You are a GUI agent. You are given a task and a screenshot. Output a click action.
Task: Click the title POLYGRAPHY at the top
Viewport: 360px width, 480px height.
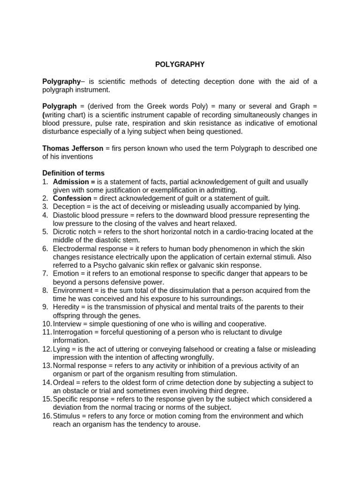(180, 65)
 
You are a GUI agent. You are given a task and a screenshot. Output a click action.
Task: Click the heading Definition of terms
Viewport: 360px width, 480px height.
(74, 173)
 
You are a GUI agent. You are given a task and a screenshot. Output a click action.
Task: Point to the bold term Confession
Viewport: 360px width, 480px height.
(72, 198)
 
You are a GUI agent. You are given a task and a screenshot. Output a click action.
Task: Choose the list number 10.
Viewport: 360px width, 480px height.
(46, 324)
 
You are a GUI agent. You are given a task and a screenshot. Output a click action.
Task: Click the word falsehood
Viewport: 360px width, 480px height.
(182, 349)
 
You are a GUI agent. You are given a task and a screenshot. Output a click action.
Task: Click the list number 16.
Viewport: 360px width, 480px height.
(46, 416)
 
